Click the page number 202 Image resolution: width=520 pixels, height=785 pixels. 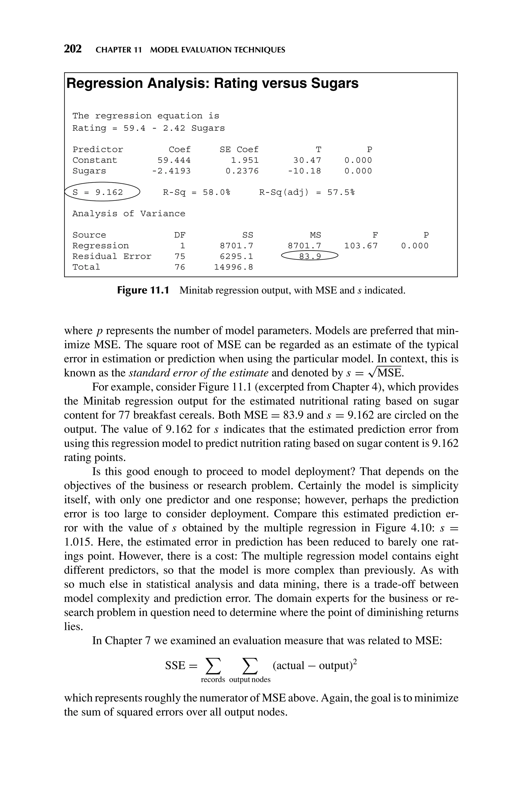click(x=73, y=49)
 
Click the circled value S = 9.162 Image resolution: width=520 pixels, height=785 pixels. click(x=98, y=192)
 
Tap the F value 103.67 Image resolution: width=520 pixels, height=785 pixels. click(x=361, y=246)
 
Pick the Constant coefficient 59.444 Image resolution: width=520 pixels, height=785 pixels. click(x=174, y=160)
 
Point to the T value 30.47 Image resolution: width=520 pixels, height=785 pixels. click(x=307, y=160)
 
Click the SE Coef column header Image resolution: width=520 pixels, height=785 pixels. click(x=239, y=150)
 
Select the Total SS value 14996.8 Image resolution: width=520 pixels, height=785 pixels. click(x=234, y=267)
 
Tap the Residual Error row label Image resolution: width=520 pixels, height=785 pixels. click(x=112, y=256)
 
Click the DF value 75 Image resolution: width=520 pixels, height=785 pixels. click(x=180, y=256)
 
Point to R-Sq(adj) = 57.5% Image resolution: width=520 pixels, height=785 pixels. click(x=307, y=192)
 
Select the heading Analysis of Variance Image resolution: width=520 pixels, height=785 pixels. click(x=129, y=214)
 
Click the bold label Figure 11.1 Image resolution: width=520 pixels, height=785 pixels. click(x=143, y=290)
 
